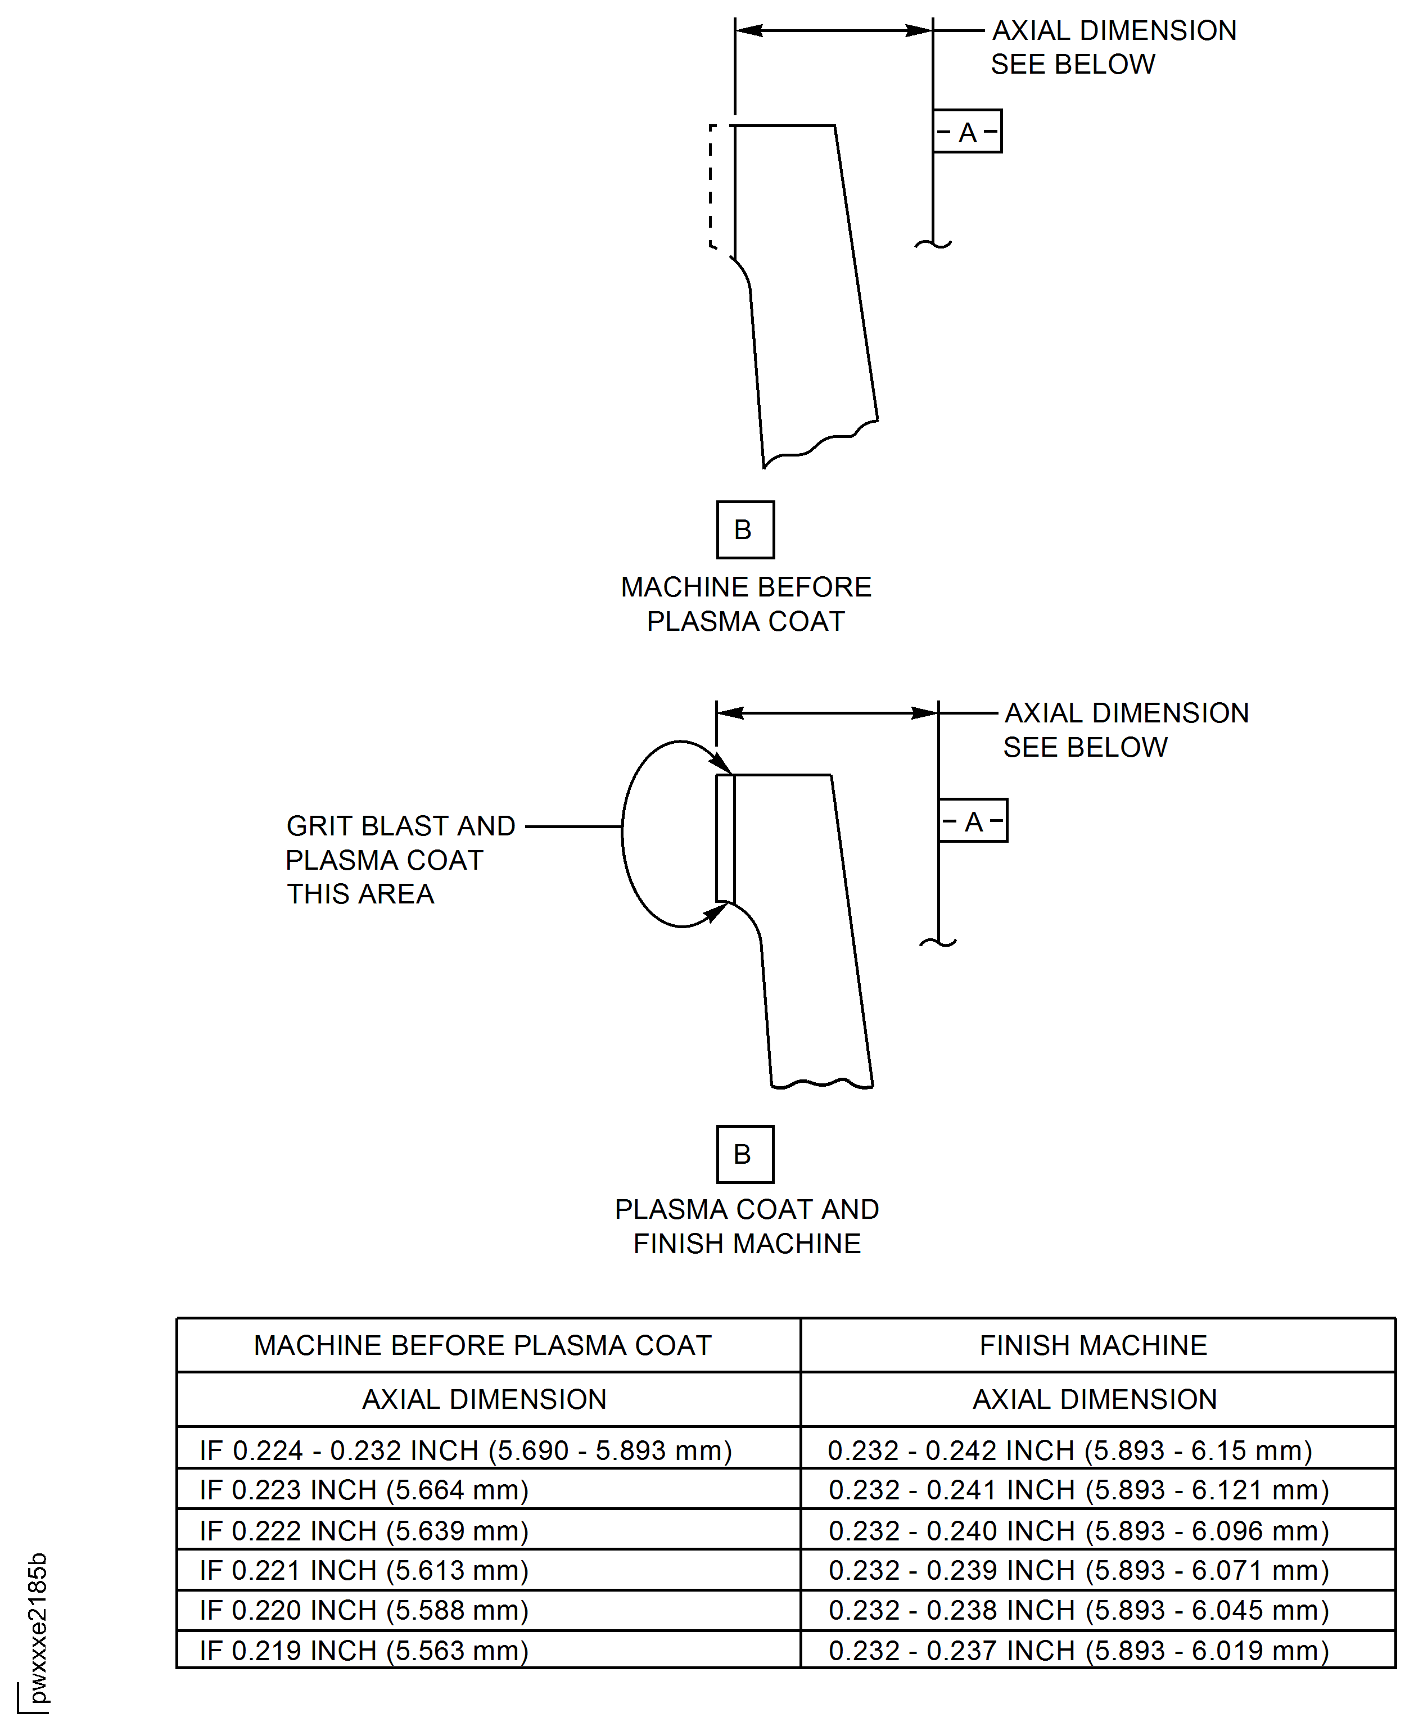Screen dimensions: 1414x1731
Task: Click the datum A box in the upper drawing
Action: coord(967,131)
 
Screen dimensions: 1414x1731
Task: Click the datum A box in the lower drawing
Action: coord(973,820)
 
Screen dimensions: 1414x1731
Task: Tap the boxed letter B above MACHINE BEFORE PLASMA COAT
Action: coord(746,530)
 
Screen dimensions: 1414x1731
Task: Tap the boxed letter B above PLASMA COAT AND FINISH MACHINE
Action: coord(746,1154)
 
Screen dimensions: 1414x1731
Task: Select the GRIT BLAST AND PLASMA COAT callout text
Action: coord(401,860)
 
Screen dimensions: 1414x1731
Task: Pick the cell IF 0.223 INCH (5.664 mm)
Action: coord(364,1490)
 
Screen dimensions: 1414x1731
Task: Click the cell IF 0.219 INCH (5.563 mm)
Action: coord(364,1651)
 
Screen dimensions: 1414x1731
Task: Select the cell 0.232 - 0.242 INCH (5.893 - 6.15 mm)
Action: coord(1070,1451)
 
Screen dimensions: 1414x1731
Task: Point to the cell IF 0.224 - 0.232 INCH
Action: coord(466,1451)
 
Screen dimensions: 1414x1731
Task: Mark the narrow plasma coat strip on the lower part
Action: coord(725,838)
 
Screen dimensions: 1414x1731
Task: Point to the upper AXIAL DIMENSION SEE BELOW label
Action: coord(1113,47)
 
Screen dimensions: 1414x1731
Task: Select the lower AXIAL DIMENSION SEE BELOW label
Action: coord(1126,730)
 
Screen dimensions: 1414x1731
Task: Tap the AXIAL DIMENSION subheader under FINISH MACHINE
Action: coord(1095,1399)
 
